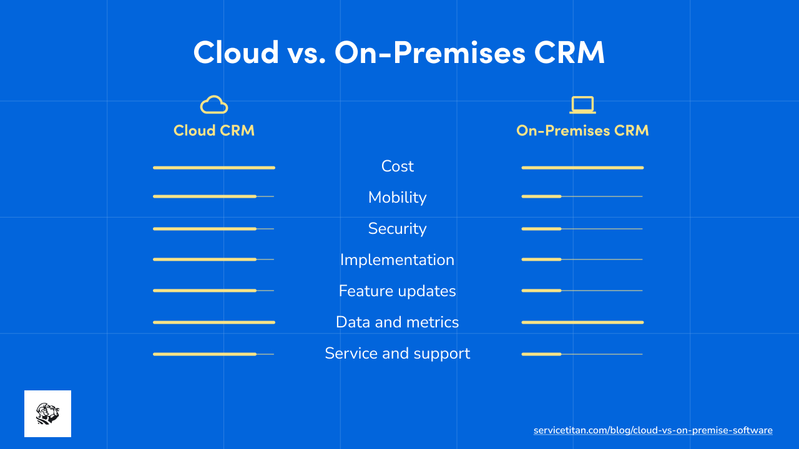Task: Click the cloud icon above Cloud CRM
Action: [x=213, y=105]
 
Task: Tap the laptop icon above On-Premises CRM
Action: [x=582, y=105]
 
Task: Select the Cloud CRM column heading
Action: [x=213, y=130]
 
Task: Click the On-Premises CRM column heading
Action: [x=582, y=130]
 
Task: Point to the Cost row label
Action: [x=398, y=167]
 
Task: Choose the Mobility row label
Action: [x=398, y=198]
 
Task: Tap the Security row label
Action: [x=398, y=229]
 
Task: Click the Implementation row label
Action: [x=398, y=260]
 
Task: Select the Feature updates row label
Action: [x=398, y=291]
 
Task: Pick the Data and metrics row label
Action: [x=398, y=322]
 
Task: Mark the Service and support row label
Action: [x=398, y=354]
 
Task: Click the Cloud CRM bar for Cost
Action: [x=213, y=168]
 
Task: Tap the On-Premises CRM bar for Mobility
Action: [x=542, y=196]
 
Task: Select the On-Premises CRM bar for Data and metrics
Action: [x=582, y=322]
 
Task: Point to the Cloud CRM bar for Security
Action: [x=205, y=229]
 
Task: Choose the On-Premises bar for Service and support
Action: [x=542, y=354]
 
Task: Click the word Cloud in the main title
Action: [x=236, y=52]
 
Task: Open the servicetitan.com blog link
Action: [x=653, y=430]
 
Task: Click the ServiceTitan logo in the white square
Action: [x=47, y=413]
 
